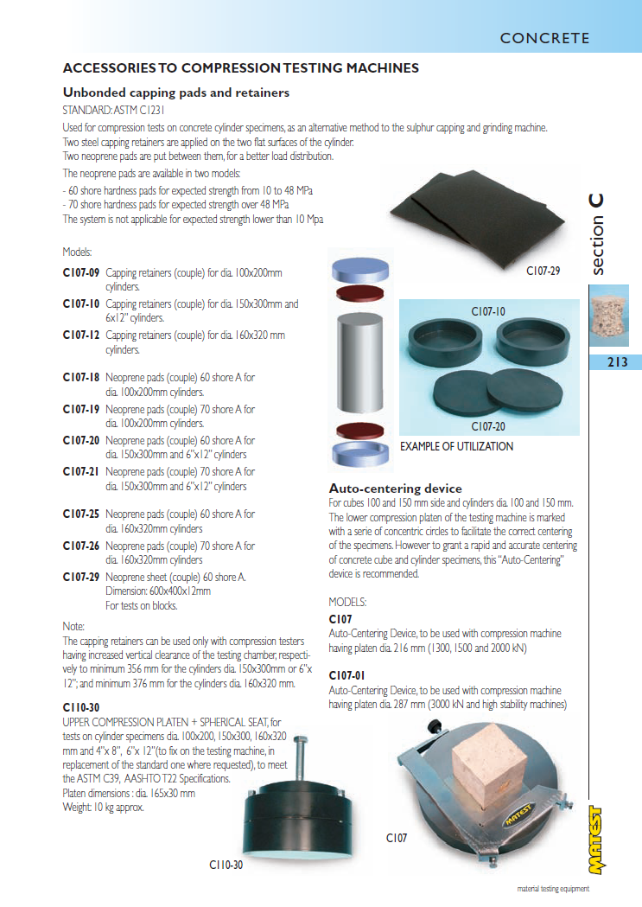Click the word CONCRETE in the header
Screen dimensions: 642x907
544,38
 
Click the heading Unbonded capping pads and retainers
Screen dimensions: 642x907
175,93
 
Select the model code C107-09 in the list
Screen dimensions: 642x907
81,272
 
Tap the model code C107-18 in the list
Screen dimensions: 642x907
81,377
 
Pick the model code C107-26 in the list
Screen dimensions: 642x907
81,546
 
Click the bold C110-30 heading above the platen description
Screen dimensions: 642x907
81,707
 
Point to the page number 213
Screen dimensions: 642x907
617,362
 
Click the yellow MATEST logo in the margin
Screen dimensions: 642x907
596,840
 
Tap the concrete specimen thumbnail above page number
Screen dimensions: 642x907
608,316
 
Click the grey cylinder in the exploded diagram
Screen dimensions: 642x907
359,362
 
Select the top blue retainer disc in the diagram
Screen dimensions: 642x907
360,270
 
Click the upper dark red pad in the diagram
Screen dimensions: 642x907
359,293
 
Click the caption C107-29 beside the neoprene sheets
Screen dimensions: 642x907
543,271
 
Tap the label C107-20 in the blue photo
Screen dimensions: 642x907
488,426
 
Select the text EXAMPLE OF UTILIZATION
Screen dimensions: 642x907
456,446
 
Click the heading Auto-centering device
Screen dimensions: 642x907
395,489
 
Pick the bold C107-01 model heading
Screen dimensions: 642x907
346,675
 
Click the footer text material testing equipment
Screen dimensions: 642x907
553,889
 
